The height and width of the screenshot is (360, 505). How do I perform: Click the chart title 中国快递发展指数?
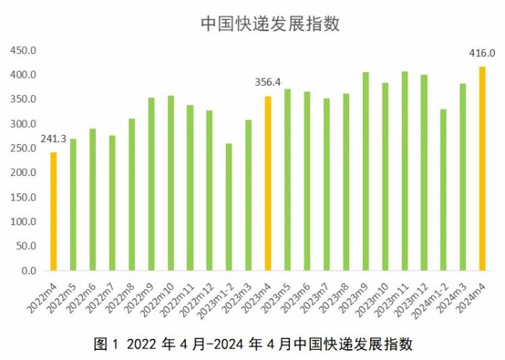click(270, 24)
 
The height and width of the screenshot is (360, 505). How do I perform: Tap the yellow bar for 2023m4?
click(268, 183)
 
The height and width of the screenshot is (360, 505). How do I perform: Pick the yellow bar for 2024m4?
click(482, 169)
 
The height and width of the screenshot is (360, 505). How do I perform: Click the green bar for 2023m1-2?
click(229, 207)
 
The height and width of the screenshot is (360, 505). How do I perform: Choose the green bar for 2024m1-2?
click(443, 190)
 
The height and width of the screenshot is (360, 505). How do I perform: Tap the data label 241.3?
click(53, 139)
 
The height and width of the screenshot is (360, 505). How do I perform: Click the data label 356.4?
click(268, 82)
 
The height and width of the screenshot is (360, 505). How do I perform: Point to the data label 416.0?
click(481, 53)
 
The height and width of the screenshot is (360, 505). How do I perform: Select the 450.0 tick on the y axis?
click(23, 51)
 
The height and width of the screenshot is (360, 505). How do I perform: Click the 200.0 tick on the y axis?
click(23, 173)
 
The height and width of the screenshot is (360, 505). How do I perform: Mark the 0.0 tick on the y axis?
click(29, 271)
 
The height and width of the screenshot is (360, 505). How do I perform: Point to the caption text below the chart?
click(253, 343)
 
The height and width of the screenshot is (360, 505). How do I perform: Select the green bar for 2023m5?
click(287, 180)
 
